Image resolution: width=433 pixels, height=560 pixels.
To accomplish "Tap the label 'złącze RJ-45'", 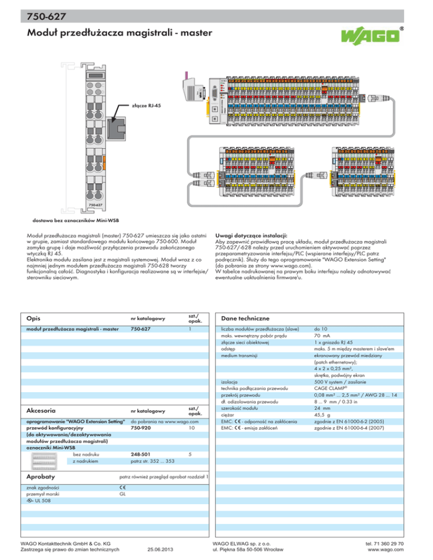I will pos(147,105).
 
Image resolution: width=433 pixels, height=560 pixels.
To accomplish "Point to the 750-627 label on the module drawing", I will pos(95,205).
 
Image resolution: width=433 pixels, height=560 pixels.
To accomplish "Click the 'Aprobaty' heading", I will pos(40,476).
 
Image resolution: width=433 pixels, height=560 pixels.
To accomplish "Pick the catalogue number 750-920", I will pos(141,428).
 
